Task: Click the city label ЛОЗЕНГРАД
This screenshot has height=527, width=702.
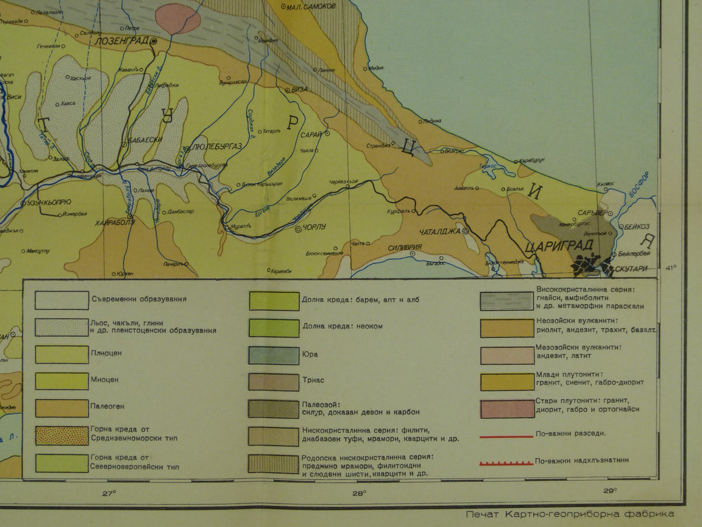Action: [x=122, y=42]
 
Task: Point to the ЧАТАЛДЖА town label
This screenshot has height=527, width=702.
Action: [x=440, y=231]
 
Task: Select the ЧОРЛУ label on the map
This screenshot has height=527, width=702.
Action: [x=314, y=228]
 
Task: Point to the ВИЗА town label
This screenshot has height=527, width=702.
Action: [x=300, y=90]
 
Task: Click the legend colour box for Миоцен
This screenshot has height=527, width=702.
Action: [x=61, y=381]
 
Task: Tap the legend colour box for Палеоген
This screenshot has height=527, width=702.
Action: [x=61, y=408]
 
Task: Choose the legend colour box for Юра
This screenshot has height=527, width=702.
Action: [x=274, y=355]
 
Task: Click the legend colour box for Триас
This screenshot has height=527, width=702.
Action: [x=274, y=382]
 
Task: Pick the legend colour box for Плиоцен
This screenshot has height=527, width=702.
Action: [x=61, y=354]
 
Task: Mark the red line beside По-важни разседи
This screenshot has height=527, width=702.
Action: [x=506, y=436]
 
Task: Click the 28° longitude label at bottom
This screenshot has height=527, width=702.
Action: [x=359, y=492]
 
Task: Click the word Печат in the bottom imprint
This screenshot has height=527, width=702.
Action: [x=479, y=514]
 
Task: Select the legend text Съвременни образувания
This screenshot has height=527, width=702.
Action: [x=139, y=299]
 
